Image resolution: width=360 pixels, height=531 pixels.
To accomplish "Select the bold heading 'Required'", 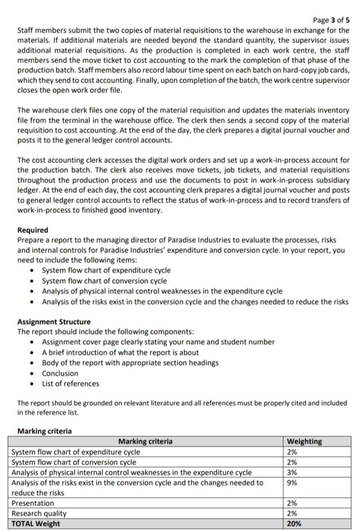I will (32, 230).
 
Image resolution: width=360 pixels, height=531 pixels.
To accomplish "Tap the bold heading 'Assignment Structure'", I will (54, 322).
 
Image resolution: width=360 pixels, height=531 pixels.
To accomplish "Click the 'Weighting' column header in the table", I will (304, 441).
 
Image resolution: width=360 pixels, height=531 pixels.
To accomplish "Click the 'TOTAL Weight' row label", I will (36, 524).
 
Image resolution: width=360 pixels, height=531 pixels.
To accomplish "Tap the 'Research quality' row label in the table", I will (39, 514).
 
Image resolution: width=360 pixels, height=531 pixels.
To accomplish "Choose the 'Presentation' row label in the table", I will (33, 503).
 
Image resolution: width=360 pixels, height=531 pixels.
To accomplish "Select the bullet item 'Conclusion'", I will (60, 373).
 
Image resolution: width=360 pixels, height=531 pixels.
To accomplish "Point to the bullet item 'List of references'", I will (71, 384).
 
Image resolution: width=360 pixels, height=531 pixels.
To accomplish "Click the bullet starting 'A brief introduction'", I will (120, 353).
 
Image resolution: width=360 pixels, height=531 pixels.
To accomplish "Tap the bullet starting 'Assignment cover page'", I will (158, 342).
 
